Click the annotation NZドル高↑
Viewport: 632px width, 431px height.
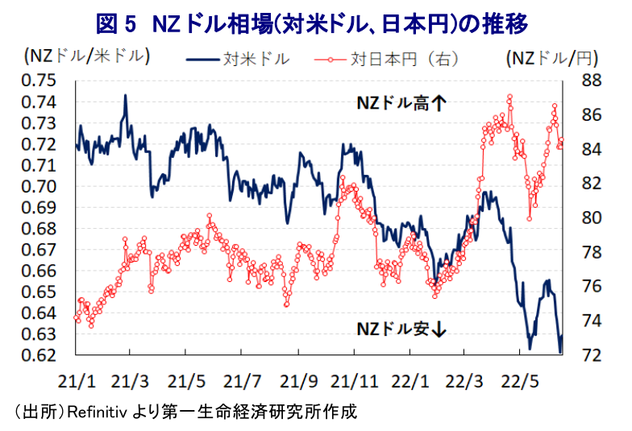[x=401, y=104]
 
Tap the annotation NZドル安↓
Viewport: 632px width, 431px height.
[x=401, y=329]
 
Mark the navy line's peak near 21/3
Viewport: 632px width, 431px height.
[x=126, y=95]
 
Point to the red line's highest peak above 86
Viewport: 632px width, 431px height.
[x=509, y=96]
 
